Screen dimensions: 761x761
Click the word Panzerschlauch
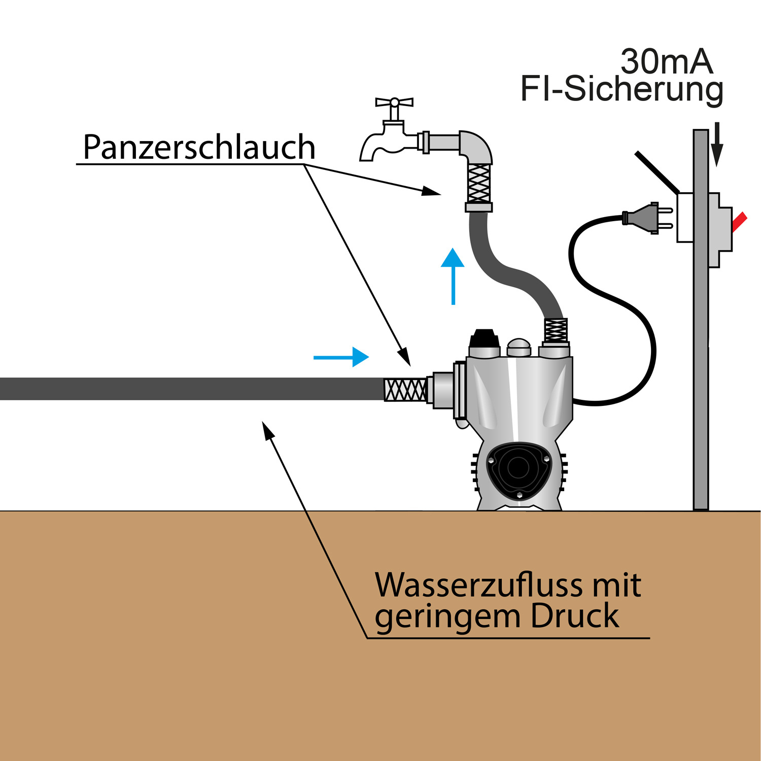click(199, 148)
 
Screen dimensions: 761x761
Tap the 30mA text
click(666, 62)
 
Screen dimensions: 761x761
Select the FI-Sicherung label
click(621, 89)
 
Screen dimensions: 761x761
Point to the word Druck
click(575, 616)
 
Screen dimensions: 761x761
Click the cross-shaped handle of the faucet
click(394, 102)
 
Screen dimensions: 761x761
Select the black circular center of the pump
click(518, 467)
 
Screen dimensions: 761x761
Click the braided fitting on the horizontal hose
click(405, 390)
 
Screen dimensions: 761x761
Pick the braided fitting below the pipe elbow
click(479, 184)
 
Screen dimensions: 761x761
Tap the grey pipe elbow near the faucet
click(475, 147)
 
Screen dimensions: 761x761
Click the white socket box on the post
click(685, 217)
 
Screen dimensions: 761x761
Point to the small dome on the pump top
click(519, 347)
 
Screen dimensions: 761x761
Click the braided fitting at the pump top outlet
click(556, 330)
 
